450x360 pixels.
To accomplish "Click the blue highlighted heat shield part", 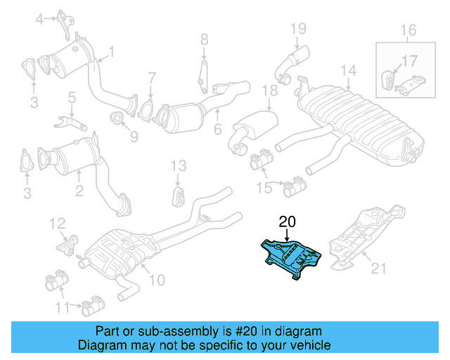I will coord(292,256).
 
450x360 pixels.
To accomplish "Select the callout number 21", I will coord(379,267).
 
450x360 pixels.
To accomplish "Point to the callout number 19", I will coord(299,28).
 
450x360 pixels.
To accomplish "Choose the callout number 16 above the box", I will coord(409,30).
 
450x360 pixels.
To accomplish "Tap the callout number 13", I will coord(179,165).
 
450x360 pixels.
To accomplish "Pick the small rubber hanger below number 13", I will coord(179,195).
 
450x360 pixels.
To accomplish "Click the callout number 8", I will coord(204,38).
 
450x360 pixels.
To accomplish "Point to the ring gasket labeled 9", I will coord(116,116).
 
